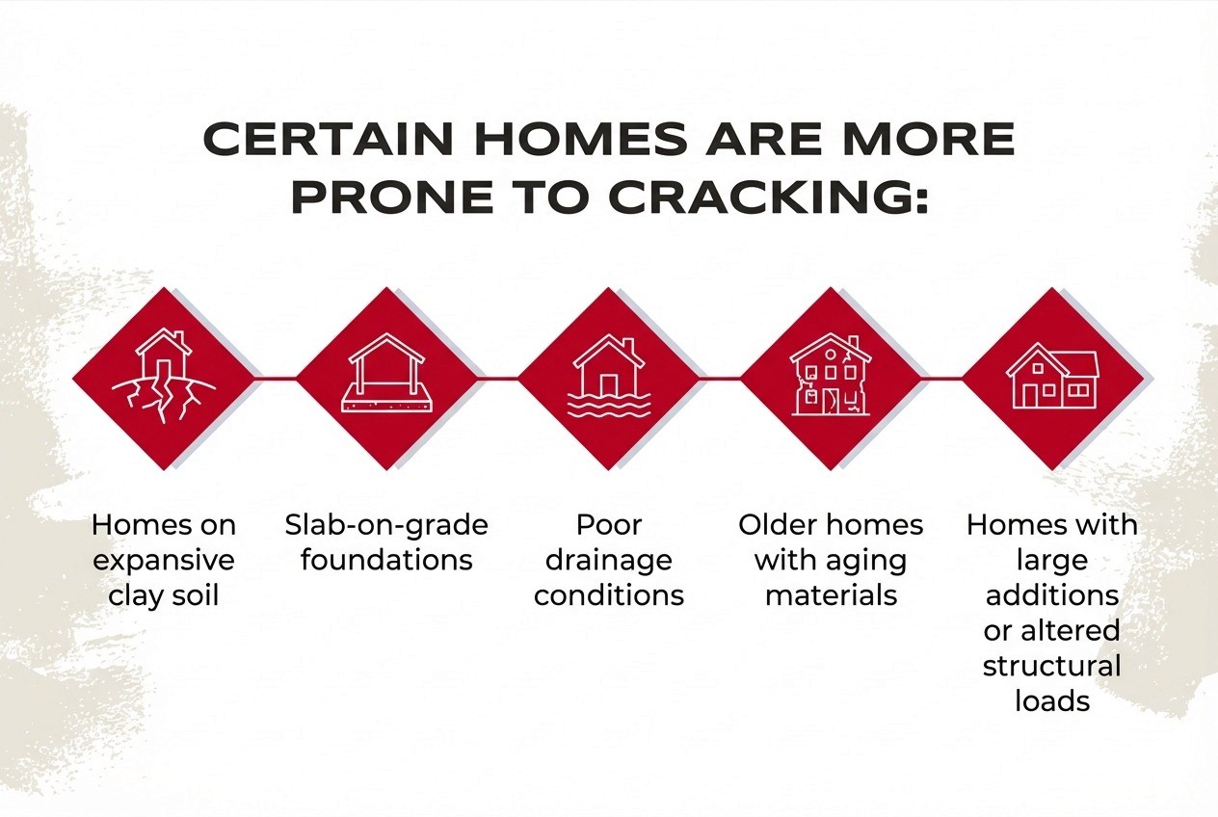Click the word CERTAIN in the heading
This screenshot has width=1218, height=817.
[x=328, y=138]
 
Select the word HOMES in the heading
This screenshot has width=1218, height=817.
[x=581, y=138]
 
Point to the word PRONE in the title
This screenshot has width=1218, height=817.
[x=392, y=197]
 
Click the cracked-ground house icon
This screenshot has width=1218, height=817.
[x=164, y=376]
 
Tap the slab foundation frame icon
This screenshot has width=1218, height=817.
[x=386, y=373]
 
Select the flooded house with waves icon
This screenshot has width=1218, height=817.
[x=609, y=376]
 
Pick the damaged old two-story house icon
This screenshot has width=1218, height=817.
[x=831, y=375]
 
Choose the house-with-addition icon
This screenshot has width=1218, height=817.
[x=1052, y=376]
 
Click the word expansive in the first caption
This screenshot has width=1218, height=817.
[x=164, y=561]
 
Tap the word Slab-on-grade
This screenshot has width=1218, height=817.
[x=386, y=526]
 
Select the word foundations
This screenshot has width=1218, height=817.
[x=386, y=560]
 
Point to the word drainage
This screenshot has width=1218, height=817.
[x=609, y=561]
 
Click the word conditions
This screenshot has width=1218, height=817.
[x=609, y=595]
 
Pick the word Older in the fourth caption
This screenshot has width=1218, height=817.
[x=779, y=525]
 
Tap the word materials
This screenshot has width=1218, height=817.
[x=831, y=595]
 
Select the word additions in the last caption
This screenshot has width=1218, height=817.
[x=1052, y=595]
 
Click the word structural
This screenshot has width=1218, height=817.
[x=1052, y=666]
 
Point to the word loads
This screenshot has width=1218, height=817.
[x=1052, y=700]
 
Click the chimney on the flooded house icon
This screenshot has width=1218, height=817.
[x=628, y=346]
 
